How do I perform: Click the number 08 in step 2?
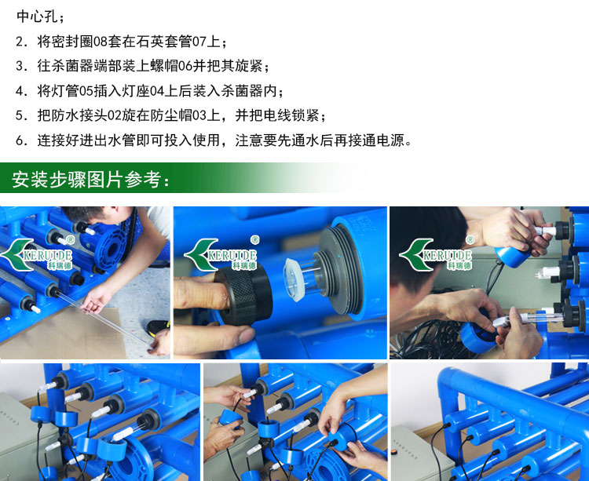coord(101,42)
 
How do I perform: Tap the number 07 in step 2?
coord(199,42)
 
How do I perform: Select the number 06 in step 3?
coord(185,66)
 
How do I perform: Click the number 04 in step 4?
coord(157,91)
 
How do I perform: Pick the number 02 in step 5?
coord(115,115)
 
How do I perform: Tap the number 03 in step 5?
coord(199,115)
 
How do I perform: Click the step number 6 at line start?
coord(20,140)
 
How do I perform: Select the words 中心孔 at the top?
coord(37,16)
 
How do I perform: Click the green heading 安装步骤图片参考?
coord(86,180)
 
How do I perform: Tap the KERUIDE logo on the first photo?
coord(37,253)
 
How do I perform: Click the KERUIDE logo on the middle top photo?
coord(221,253)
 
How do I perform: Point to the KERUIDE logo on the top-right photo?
coord(437,253)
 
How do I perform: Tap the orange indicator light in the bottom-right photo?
coord(394,451)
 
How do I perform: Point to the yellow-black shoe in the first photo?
coord(159,327)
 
